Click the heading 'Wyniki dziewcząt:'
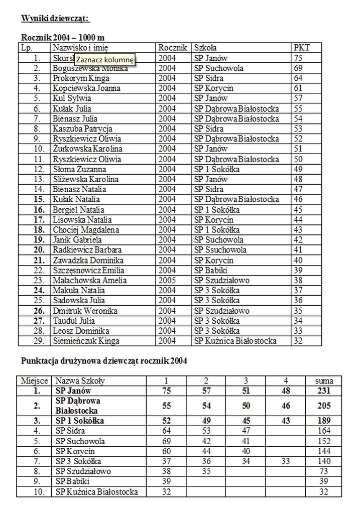[56, 19]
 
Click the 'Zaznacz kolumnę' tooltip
[105, 59]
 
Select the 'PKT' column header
[301, 48]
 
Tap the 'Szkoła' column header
[205, 48]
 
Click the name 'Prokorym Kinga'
[81, 78]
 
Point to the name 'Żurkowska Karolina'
[87, 149]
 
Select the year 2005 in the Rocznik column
[167, 280]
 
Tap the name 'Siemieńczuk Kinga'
[86, 341]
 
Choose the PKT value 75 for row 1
[298, 58]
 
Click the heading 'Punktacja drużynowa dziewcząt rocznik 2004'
[104, 360]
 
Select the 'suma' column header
[324, 381]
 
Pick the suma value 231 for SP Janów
[324, 391]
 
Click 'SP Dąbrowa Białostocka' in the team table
[78, 406]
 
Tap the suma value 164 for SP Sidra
[324, 431]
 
